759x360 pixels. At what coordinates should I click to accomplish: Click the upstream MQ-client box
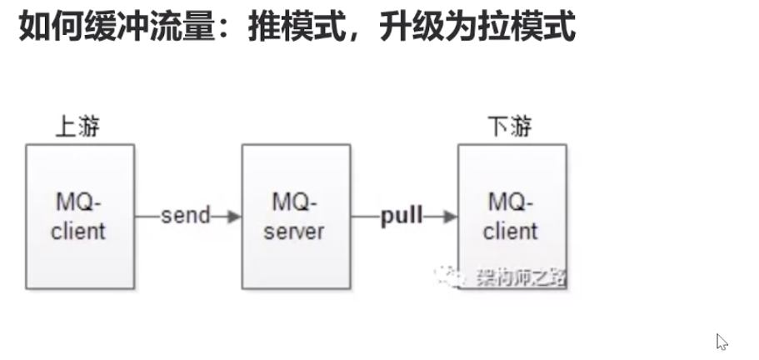click(x=79, y=216)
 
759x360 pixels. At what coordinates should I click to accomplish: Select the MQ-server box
click(x=296, y=216)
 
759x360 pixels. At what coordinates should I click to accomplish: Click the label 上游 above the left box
click(x=78, y=127)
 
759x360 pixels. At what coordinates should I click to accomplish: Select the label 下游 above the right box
click(x=510, y=127)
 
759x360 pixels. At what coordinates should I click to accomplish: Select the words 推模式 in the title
click(x=293, y=27)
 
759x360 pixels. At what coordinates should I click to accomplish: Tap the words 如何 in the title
click(x=42, y=27)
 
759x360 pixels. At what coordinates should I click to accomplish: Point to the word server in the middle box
click(x=296, y=230)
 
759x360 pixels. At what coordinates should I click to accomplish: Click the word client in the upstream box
click(x=79, y=230)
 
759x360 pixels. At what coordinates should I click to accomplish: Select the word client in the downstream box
click(x=512, y=230)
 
